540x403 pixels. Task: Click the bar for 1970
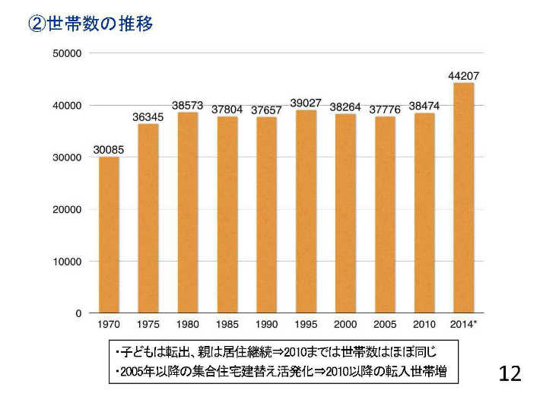(x=109, y=235)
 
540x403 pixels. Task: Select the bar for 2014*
(x=463, y=198)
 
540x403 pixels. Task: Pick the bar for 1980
(x=187, y=213)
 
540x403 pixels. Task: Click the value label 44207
(x=463, y=75)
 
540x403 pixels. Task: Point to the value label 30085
(x=109, y=150)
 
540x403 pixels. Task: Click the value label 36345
(x=148, y=117)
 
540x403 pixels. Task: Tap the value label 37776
(x=385, y=109)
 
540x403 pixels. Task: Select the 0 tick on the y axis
(x=78, y=313)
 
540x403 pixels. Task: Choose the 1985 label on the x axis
(x=227, y=325)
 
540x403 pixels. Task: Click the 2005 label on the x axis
(x=385, y=325)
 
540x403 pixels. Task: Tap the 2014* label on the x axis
(x=463, y=325)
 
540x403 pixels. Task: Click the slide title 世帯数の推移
(x=100, y=24)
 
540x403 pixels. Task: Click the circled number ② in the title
(x=37, y=24)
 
